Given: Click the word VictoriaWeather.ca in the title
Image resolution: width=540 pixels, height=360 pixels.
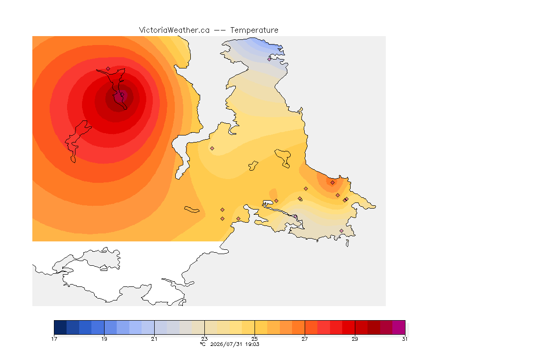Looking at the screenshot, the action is pyautogui.click(x=174, y=30).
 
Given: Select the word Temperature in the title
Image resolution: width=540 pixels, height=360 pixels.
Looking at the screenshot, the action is pyautogui.click(x=254, y=30).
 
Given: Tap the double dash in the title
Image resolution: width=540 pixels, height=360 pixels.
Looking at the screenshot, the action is pyautogui.click(x=220, y=30).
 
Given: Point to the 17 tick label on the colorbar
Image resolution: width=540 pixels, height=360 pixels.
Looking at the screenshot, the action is pyautogui.click(x=54, y=339).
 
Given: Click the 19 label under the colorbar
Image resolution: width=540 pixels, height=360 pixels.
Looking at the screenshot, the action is pyautogui.click(x=104, y=339).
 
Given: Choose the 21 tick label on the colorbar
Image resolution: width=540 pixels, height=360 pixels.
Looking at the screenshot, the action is pyautogui.click(x=154, y=339).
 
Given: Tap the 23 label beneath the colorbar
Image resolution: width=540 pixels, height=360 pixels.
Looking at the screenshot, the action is pyautogui.click(x=204, y=339).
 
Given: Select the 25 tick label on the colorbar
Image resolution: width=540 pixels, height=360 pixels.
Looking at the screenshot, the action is pyautogui.click(x=255, y=339).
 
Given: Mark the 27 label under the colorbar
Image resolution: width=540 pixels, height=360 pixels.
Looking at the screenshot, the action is pyautogui.click(x=305, y=339).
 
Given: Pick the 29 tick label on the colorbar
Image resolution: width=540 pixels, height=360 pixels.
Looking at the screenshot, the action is pyautogui.click(x=355, y=339).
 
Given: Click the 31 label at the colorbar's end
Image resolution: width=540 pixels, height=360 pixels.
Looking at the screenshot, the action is pyautogui.click(x=405, y=339).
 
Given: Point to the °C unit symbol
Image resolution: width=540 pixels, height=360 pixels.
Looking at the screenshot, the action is pyautogui.click(x=203, y=344).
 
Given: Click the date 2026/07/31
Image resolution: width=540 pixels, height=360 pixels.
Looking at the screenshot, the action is pyautogui.click(x=226, y=344).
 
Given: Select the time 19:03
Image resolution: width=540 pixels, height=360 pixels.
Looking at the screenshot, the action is pyautogui.click(x=252, y=344).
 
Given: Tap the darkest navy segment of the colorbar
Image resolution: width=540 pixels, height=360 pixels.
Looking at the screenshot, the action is pyautogui.click(x=60, y=327).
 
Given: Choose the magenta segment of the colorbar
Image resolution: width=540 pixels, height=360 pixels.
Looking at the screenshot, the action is pyautogui.click(x=399, y=327).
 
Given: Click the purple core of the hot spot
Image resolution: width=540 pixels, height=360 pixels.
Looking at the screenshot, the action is pyautogui.click(x=120, y=96).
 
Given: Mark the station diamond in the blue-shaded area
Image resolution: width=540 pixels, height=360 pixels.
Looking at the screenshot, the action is pyautogui.click(x=270, y=59).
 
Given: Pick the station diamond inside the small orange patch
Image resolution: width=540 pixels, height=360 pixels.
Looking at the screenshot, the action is pyautogui.click(x=332, y=183).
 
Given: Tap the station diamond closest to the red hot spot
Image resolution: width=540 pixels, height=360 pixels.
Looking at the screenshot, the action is pyautogui.click(x=108, y=69).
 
